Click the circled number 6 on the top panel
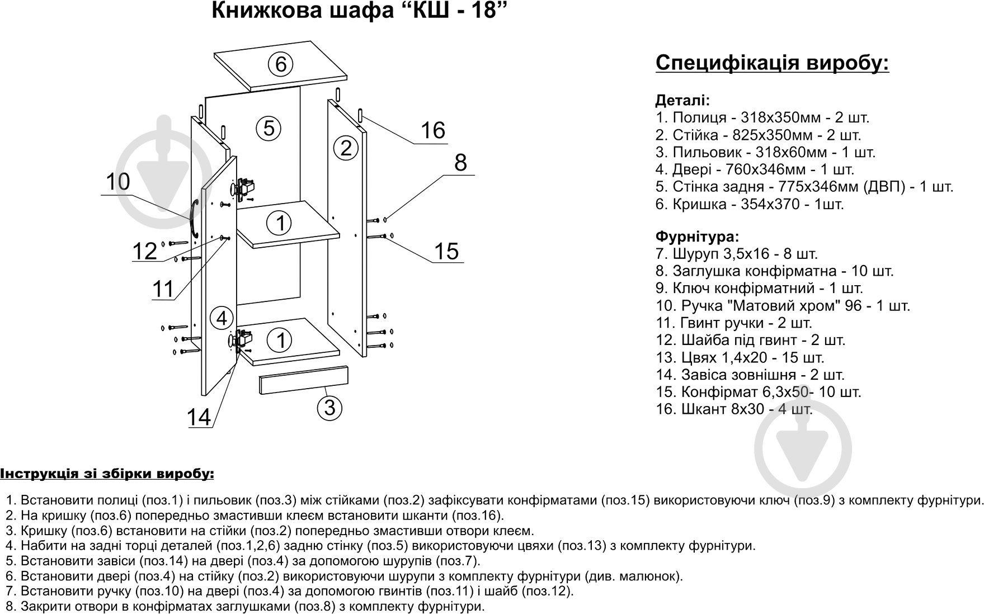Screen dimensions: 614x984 tap(281, 64)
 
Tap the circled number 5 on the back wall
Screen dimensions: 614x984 tap(269, 128)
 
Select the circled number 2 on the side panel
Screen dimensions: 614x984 tap(346, 148)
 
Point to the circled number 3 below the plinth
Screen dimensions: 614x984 tap(329, 407)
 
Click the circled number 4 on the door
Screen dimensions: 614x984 tap(222, 318)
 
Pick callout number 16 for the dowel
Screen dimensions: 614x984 tap(432, 130)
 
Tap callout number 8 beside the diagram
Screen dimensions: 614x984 tap(460, 162)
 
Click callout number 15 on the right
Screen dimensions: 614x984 tap(446, 251)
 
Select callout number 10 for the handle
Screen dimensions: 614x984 tap(117, 182)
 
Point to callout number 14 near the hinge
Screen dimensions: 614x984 tap(199, 417)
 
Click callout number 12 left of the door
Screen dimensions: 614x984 tap(145, 251)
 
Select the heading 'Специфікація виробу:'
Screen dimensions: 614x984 tap(772, 63)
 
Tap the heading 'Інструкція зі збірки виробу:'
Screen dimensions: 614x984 tap(107, 474)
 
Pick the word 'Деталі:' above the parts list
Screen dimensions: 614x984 tap(682, 101)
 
